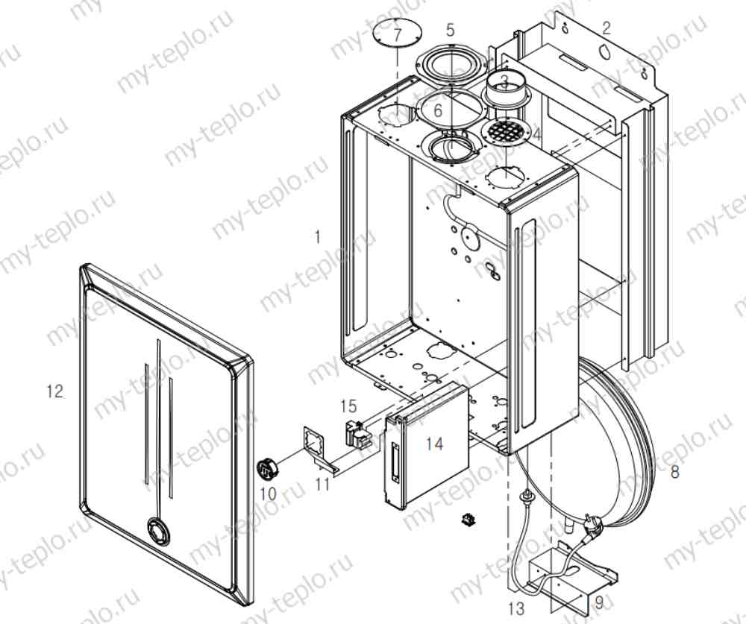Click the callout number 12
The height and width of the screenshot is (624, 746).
pos(54,391)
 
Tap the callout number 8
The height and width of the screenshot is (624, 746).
pos(675,472)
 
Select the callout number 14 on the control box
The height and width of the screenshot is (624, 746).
pos(435,444)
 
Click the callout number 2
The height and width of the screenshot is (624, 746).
pos(606,29)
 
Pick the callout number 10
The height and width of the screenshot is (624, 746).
pos(268,493)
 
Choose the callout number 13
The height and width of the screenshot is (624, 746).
pos(516,608)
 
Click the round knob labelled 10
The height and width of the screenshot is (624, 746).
pos(267,470)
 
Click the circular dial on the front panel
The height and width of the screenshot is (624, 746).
pos(158,531)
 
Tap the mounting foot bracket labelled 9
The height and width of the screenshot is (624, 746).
pos(574,570)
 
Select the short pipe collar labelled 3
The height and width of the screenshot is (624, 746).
pos(506,92)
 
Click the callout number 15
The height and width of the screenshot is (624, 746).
pos(348,406)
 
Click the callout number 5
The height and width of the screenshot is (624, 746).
pos(450,30)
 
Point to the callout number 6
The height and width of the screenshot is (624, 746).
pos(438,110)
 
